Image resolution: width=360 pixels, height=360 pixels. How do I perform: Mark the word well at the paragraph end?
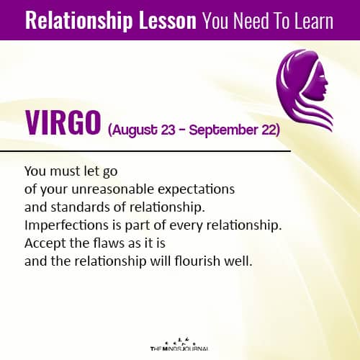coord(240,260)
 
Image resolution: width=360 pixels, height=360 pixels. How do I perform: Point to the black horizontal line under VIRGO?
coord(144,152)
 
